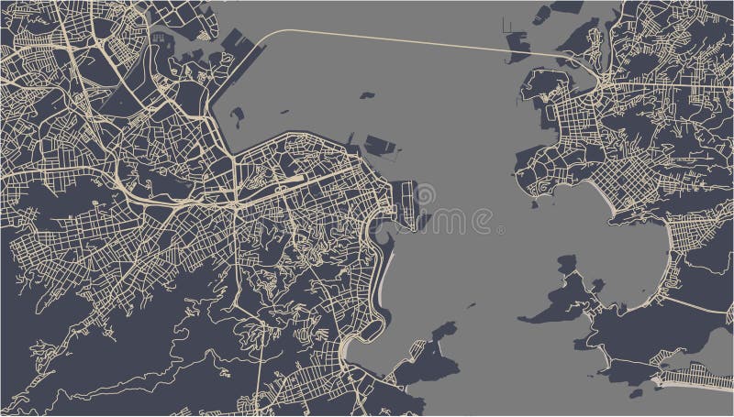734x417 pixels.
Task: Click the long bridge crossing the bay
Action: pos(413,41)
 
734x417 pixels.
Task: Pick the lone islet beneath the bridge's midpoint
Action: pos(369,93)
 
